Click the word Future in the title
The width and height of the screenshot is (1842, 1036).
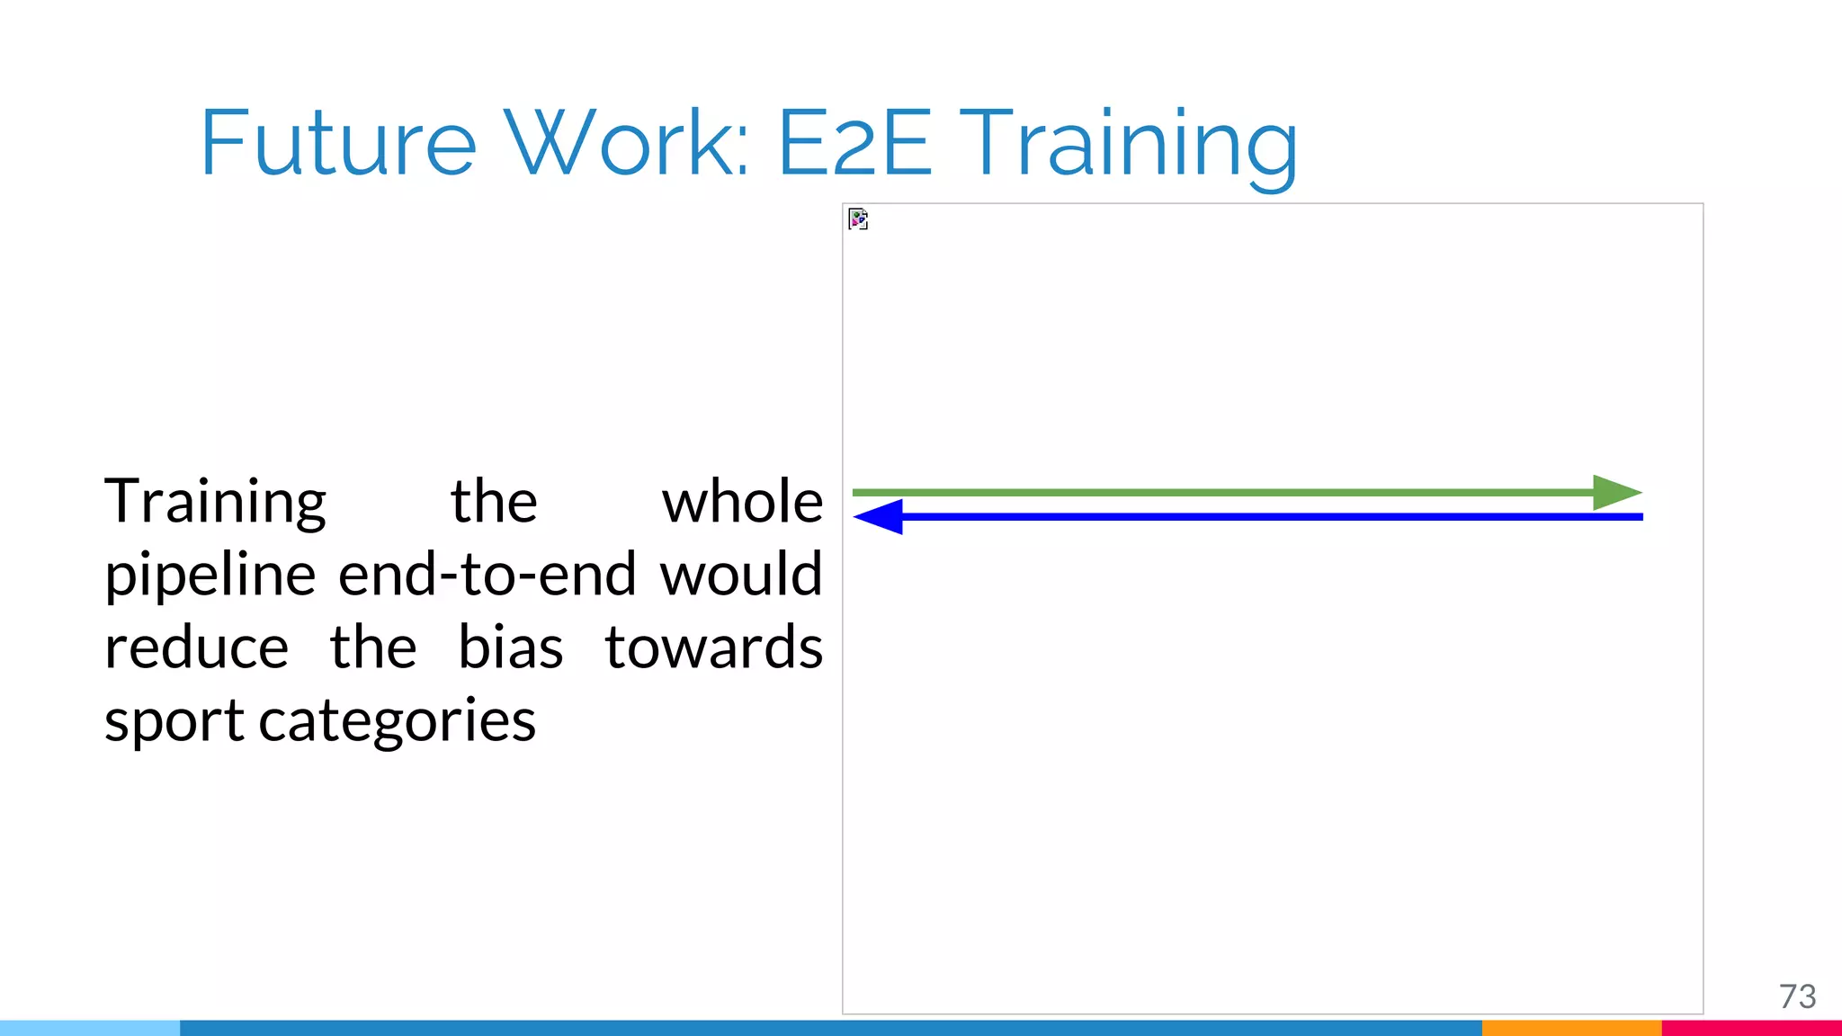(x=337, y=144)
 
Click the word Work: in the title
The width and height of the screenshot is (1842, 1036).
(x=627, y=144)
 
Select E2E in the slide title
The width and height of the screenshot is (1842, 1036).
(x=854, y=144)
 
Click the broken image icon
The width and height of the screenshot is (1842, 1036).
(x=858, y=219)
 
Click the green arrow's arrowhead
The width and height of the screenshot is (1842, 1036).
(x=1615, y=493)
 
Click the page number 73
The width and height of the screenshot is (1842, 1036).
(x=1797, y=996)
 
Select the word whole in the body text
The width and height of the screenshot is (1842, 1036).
(x=742, y=502)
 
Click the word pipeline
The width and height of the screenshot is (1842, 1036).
(x=210, y=576)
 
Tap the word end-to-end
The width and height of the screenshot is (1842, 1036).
(x=487, y=576)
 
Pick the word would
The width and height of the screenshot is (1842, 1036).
(x=741, y=576)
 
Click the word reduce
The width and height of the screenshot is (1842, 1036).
(x=196, y=648)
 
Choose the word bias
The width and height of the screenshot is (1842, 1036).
(x=510, y=648)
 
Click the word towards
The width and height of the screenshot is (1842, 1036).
(x=713, y=648)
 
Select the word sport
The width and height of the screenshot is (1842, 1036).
(x=174, y=722)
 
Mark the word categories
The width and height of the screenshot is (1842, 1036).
(x=397, y=722)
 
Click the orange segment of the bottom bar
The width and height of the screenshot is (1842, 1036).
(x=1570, y=1028)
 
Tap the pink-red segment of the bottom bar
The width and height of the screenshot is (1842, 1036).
(x=1751, y=1028)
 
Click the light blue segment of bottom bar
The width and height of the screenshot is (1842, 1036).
(x=90, y=1028)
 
